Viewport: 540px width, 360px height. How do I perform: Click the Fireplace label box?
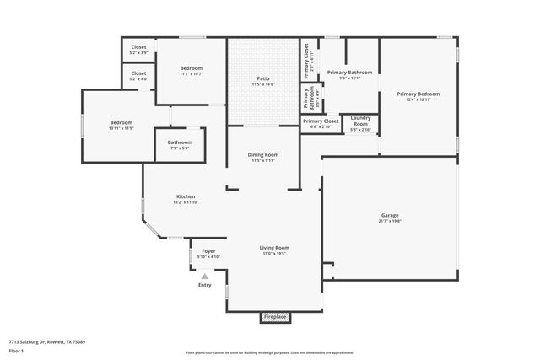[x=275, y=317]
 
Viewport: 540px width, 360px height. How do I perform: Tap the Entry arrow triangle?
[x=204, y=276]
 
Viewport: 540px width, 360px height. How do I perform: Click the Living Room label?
[x=274, y=248]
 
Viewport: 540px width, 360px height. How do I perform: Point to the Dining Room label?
[x=263, y=155]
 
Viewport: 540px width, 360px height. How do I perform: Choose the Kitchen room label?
[x=186, y=196]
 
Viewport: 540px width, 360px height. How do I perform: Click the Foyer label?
[x=208, y=251]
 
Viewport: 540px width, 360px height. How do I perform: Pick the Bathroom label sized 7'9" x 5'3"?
[x=180, y=142]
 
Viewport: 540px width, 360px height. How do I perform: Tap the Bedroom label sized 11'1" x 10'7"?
[x=191, y=68]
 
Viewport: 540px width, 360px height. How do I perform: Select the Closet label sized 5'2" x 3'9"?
[x=138, y=48]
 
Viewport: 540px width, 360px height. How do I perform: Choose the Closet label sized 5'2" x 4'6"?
[x=138, y=74]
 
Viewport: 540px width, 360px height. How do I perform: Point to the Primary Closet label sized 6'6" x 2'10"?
[x=320, y=121]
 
